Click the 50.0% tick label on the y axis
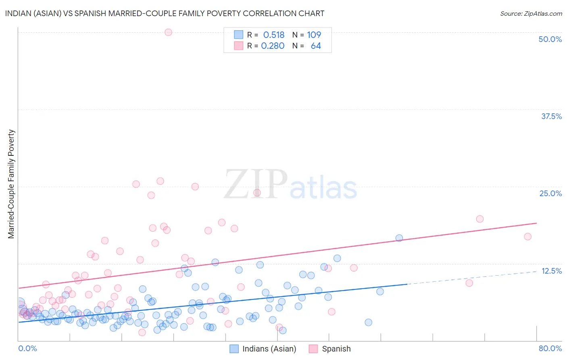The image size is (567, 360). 550,39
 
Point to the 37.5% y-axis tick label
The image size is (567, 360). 551,116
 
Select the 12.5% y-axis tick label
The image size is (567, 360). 551,271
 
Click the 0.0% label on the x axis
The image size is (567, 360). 27,348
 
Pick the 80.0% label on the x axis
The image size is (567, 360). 550,348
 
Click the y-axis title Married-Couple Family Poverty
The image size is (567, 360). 11,184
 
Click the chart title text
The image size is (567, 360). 165,13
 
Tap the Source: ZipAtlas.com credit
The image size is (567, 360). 531,13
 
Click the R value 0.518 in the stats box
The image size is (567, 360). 274,35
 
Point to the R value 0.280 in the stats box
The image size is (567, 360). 273,46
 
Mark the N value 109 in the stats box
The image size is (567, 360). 314,35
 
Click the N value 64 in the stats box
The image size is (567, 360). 316,46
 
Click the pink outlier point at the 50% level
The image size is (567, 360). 168,32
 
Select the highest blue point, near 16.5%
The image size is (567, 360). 399,238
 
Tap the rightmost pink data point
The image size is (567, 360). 527,237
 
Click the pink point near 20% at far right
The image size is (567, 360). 479,219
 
